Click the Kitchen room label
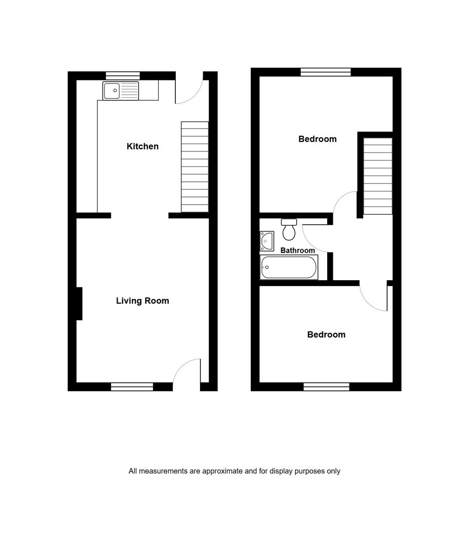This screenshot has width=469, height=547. tap(142, 146)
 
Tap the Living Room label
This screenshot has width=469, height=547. tap(142, 301)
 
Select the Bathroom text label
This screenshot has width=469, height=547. tap(298, 250)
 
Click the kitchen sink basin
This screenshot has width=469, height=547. tap(111, 91)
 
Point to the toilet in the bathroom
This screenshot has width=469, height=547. tap(289, 229)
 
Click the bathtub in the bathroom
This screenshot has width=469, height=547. tap(289, 267)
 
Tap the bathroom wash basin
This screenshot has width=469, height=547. tap(266, 241)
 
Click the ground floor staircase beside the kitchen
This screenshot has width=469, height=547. tap(194, 167)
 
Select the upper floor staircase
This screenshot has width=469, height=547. tap(378, 176)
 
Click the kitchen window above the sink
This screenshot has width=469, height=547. tap(123, 75)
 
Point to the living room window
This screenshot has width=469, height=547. tap(132, 386)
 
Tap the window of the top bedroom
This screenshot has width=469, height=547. tap(326, 72)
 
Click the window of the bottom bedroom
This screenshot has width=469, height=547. tap(326, 386)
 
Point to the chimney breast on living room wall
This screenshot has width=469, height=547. tap(79, 303)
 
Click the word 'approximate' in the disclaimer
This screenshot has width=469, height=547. tap(222, 471)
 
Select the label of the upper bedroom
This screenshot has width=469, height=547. tap(318, 139)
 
